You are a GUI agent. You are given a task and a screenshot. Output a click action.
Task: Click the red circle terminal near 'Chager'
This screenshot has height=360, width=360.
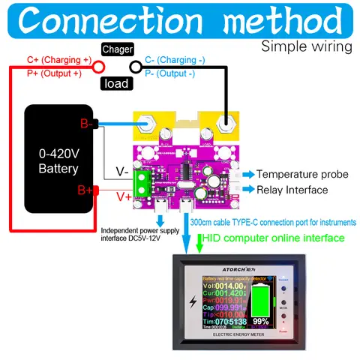(97, 67)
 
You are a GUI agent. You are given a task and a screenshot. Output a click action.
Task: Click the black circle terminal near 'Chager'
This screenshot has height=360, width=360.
(136, 67)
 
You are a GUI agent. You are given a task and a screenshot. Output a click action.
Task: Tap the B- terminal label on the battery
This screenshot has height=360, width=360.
(87, 124)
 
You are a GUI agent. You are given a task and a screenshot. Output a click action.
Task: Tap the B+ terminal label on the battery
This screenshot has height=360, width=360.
(87, 191)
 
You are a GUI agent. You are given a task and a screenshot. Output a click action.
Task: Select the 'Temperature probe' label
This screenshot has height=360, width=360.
(302, 174)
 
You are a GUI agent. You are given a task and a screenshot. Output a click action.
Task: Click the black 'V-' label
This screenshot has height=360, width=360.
(121, 171)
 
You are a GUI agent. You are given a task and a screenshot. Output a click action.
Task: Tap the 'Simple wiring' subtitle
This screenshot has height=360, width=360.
(306, 46)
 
